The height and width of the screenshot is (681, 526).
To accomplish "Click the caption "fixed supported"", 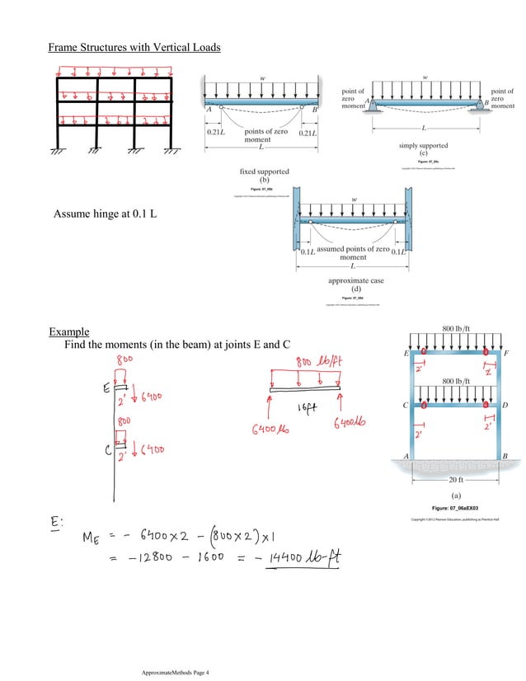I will pyautogui.click(x=265, y=171).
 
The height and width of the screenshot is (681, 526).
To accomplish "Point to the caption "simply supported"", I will pyautogui.click(x=423, y=144).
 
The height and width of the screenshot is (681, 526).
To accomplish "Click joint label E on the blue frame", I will pyautogui.click(x=406, y=353).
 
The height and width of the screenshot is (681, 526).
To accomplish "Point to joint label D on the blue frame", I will pyautogui.click(x=504, y=406).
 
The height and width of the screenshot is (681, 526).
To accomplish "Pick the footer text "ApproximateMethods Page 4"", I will pyautogui.click(x=176, y=673).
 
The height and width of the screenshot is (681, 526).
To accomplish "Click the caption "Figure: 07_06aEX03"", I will pyautogui.click(x=458, y=508).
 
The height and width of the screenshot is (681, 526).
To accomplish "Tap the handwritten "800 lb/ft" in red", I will pyautogui.click(x=322, y=364).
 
